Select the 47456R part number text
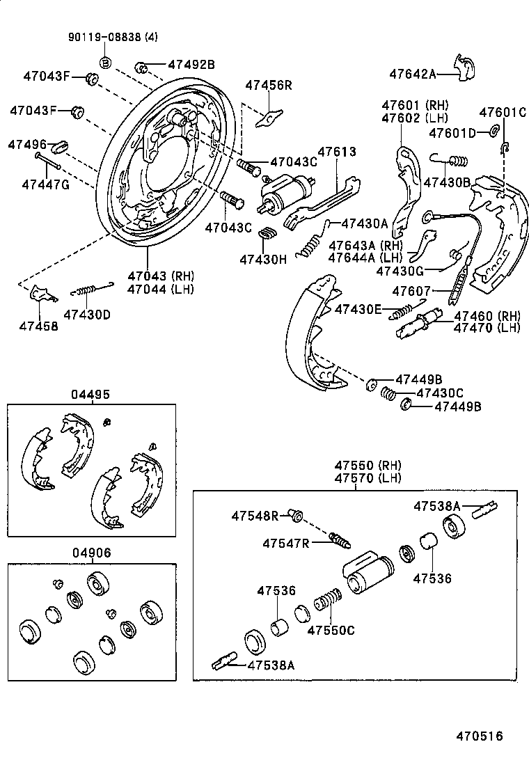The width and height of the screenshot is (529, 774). tap(268, 85)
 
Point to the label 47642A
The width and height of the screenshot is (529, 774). tap(413, 73)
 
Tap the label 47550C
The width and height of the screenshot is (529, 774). tap(331, 630)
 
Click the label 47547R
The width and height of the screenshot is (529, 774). tap(286, 542)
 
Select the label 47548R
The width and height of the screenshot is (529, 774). tap(255, 516)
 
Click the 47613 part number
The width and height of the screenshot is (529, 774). tap(337, 152)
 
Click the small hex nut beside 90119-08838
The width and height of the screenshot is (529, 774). tap(106, 62)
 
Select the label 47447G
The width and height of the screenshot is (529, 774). tap(45, 184)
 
